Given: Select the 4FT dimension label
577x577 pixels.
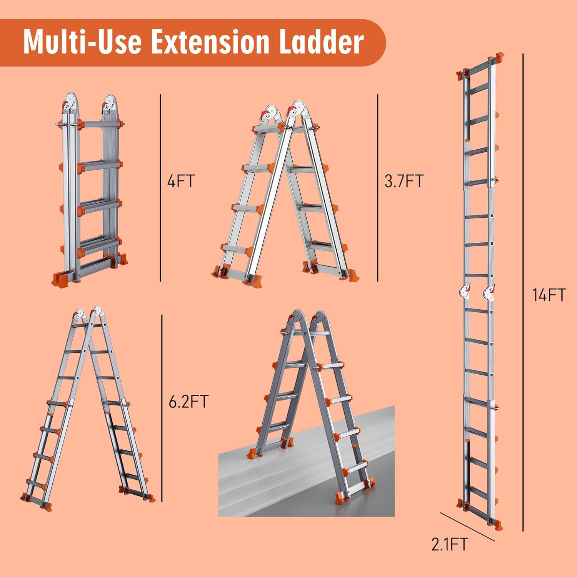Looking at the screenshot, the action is (x=181, y=181).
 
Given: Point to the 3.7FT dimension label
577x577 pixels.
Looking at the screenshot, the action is (x=404, y=181).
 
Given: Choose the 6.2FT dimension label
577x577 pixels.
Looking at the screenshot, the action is (x=188, y=402).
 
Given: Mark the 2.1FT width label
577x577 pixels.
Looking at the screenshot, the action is (x=449, y=544).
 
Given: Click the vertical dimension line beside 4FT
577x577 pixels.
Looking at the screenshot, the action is (x=160, y=188).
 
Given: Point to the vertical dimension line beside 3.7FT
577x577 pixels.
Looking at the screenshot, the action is (x=378, y=188).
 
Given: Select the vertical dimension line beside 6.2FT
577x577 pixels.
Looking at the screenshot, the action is (x=162, y=408).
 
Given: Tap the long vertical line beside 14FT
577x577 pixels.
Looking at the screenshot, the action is (x=523, y=292).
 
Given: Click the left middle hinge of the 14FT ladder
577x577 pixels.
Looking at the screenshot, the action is (x=465, y=292).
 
